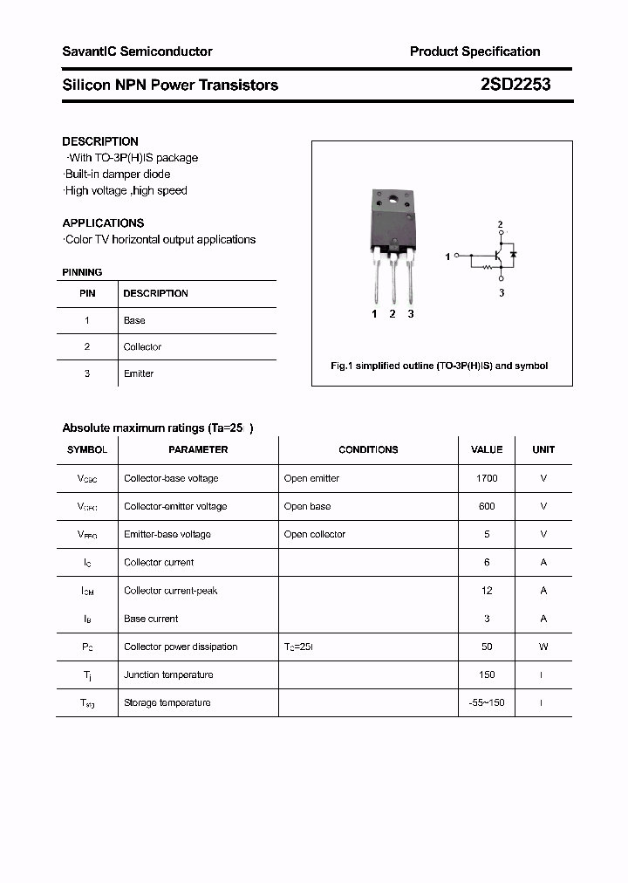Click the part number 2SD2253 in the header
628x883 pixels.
515,85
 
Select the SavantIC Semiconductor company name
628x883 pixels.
137,51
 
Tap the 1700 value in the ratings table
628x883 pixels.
487,478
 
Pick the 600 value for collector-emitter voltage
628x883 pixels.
487,506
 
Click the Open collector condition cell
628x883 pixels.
314,534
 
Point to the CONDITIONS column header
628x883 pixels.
368,449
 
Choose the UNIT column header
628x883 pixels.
543,449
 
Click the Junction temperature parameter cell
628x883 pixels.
168,674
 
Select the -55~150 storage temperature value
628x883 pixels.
487,702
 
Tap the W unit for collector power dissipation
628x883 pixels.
543,647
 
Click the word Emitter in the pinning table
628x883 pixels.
139,373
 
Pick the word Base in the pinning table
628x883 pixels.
134,320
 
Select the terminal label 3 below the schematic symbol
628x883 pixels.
502,293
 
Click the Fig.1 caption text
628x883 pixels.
439,366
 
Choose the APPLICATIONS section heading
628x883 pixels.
103,222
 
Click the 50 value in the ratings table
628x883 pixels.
487,647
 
